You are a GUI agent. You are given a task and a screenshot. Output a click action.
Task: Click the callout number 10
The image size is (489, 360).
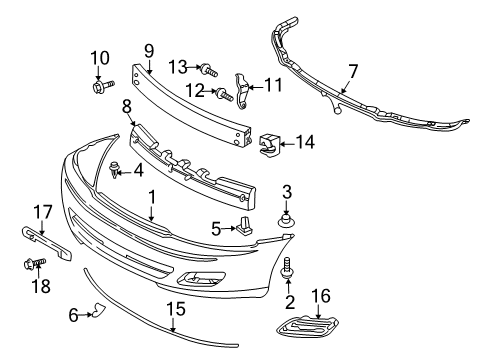tap(100, 58)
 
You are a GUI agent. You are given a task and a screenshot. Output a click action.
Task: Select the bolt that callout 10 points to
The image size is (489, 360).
tap(103, 86)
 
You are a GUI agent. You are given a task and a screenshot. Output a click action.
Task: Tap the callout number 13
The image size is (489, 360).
tap(178, 67)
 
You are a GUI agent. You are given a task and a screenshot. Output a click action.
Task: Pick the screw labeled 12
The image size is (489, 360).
tap(224, 94)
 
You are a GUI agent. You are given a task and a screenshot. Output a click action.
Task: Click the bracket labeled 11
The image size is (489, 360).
tap(242, 91)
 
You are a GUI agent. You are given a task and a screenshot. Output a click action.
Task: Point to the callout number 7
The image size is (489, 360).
tap(353, 71)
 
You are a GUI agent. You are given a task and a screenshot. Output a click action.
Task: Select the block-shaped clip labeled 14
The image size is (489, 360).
tap(269, 145)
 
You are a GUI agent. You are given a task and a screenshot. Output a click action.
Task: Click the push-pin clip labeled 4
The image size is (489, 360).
tap(115, 169)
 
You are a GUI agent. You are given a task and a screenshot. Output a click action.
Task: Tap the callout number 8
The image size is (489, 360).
tap(127, 107)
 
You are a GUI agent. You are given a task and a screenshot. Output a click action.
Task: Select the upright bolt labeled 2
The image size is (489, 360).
tap(287, 267)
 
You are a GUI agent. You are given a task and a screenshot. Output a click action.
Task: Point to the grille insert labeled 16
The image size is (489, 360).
tap(307, 325)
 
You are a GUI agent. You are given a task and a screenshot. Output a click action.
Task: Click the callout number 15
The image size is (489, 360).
tap(176, 309)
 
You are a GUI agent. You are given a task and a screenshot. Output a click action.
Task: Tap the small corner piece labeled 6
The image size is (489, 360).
tap(99, 310)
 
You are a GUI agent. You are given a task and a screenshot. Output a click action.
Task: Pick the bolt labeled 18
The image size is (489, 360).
tap(35, 264)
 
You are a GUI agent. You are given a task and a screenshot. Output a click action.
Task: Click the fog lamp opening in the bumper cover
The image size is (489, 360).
tap(202, 278)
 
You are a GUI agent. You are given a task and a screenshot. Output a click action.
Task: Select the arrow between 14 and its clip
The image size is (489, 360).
tap(288, 144)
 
